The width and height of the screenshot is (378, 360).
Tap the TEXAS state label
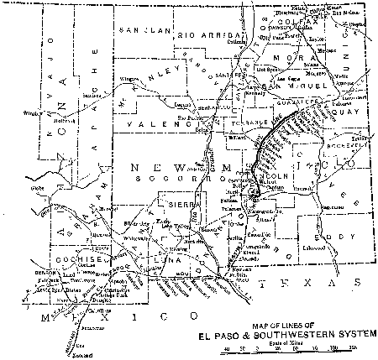pyautogui.click(x=302, y=284)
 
